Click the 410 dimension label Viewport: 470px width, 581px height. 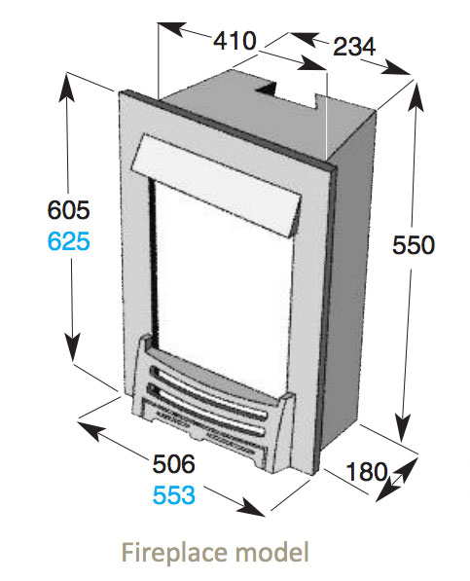[235, 41]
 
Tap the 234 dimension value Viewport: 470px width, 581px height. [354, 47]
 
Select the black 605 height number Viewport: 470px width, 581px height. [68, 209]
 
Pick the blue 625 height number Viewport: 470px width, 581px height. [68, 240]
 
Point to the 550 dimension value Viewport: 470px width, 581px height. [413, 245]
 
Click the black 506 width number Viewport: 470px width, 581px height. [174, 463]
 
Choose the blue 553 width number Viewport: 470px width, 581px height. [174, 494]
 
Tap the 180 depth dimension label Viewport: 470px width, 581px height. [367, 471]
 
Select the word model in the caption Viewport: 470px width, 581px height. [272, 552]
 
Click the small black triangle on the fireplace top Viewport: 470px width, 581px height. [267, 89]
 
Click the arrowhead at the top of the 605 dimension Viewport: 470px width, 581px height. [67, 87]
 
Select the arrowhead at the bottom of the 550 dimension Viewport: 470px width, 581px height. [403, 428]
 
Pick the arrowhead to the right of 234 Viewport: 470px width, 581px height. [396, 69]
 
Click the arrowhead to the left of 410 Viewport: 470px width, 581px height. [171, 29]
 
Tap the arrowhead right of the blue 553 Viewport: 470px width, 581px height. [251, 508]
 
